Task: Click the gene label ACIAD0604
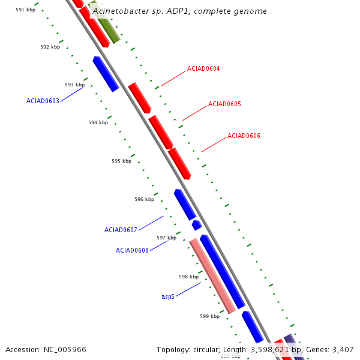(203, 68)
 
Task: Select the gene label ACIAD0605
(224, 104)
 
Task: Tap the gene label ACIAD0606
(244, 136)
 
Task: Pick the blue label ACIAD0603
(43, 101)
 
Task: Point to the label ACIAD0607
(121, 230)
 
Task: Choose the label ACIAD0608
(132, 250)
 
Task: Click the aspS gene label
(168, 296)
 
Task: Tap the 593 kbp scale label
(74, 85)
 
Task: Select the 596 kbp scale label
(144, 199)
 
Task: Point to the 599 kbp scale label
(210, 316)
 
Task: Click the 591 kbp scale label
(26, 10)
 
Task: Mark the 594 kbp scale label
(98, 122)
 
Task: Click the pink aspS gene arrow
(212, 276)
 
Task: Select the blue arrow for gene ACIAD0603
(106, 74)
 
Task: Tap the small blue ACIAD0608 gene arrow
(197, 225)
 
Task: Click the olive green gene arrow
(106, 22)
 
